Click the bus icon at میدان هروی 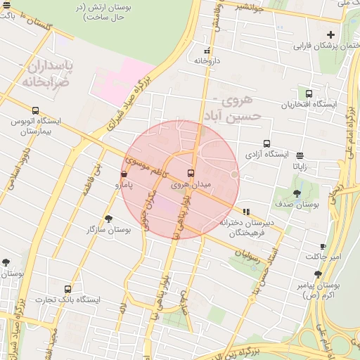tap(191, 173)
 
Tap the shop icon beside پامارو tap(124, 174)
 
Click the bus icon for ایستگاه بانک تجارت tap(68, 289)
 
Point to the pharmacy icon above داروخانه tap(207, 51)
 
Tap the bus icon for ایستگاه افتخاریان tap(309, 94)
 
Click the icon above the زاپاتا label tap(300, 155)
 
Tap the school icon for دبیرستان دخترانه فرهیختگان tap(245, 211)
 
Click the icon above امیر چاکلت tap(323, 246)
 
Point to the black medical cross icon tap(330, 34)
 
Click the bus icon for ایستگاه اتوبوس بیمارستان tap(35, 110)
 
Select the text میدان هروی tap(191, 184)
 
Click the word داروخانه tap(207, 61)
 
